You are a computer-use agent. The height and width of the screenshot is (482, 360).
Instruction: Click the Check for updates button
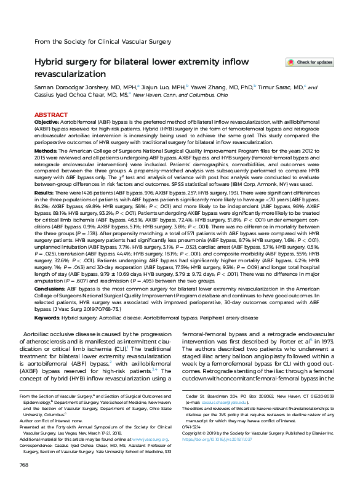(x=310, y=62)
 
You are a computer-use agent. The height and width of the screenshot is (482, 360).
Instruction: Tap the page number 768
(x=25, y=464)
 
